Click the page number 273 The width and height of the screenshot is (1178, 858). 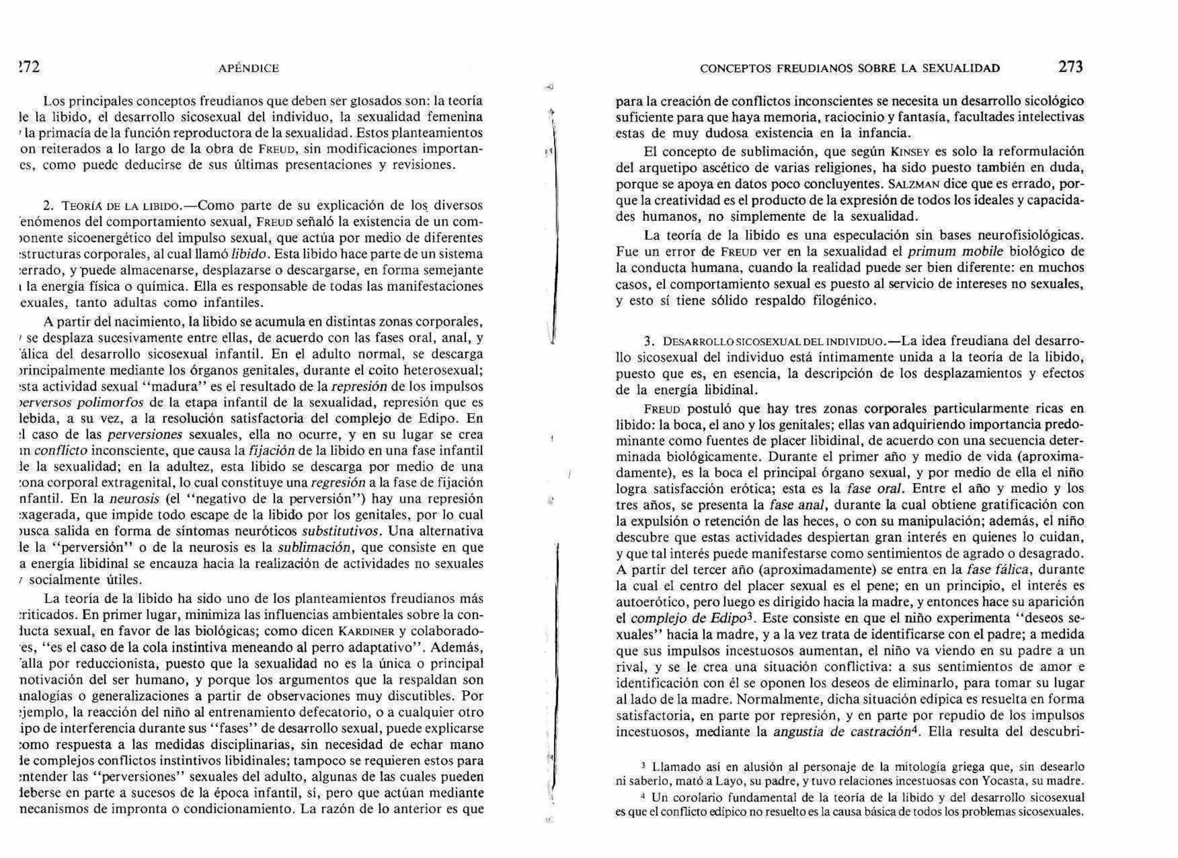point(1070,67)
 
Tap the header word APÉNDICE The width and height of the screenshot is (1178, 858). point(248,68)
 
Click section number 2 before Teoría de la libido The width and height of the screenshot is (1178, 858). point(48,206)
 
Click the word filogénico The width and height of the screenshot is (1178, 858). point(844,301)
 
